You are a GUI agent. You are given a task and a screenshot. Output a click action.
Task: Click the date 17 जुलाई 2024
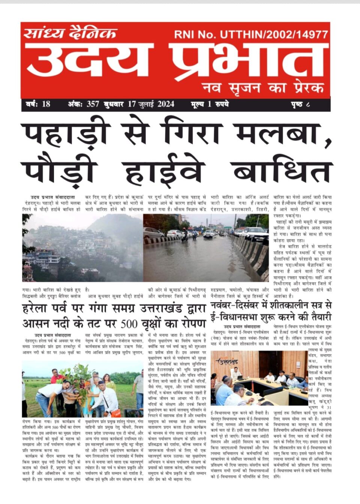pyautogui.click(x=151, y=104)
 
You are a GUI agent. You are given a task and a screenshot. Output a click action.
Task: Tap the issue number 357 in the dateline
pyautogui.click(x=93, y=104)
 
